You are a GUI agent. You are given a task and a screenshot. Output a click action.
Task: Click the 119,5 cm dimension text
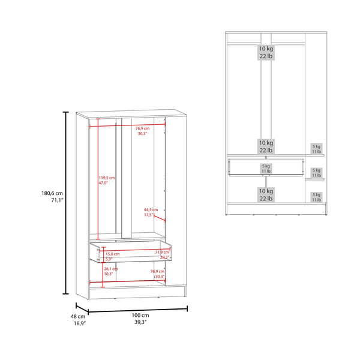[107, 178]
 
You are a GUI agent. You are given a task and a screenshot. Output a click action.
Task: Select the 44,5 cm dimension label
[150, 209]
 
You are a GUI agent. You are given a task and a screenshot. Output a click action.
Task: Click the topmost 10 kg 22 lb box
[266, 52]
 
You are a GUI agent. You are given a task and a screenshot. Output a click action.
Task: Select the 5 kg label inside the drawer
[266, 167]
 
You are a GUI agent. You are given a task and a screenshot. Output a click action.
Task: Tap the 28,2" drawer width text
[163, 258]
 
